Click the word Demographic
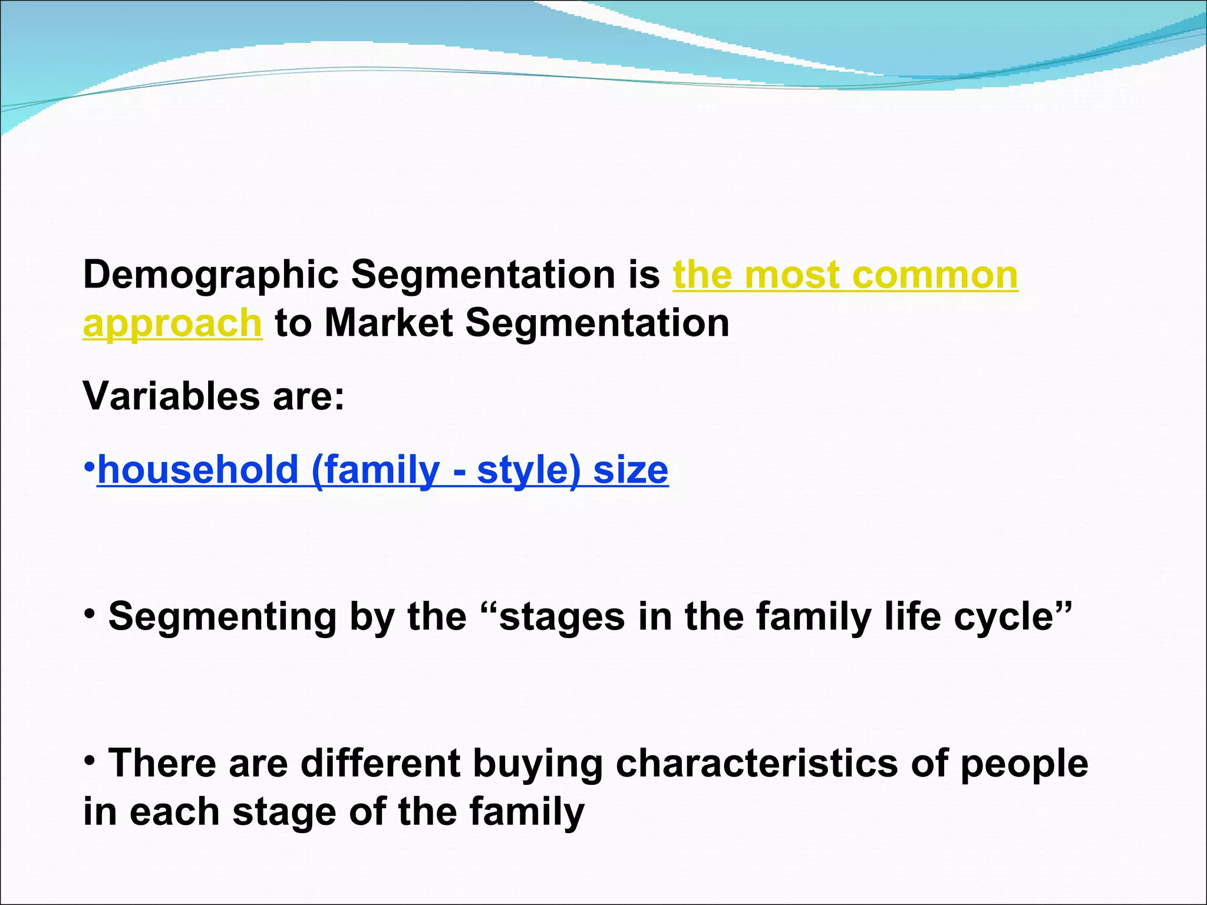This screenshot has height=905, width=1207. pos(210,276)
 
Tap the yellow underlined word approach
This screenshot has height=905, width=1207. pos(172,324)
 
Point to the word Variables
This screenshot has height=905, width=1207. pos(171,396)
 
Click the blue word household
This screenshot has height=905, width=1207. pos(198,470)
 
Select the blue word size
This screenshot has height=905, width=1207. pos(631,470)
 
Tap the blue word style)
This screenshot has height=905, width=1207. pos(528,470)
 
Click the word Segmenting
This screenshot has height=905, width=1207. pos(222,617)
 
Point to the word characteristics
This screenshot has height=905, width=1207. pos(757,764)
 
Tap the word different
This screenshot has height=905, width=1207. pos(380,764)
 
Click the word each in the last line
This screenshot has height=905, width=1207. pos(174,812)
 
